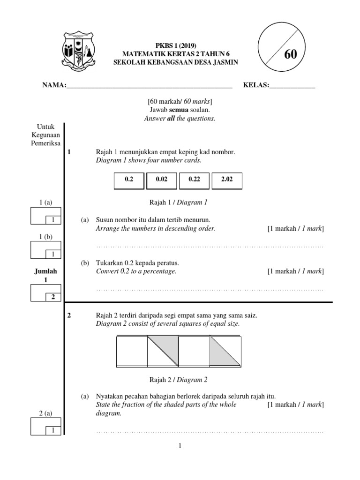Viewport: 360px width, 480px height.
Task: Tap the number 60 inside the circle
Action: point(290,54)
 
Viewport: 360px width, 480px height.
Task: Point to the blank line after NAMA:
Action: point(150,85)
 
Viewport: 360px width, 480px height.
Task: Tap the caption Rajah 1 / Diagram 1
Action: point(178,202)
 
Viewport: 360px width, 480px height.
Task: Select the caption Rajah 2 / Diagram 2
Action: point(178,380)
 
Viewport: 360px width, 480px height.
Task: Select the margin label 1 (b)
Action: point(45,237)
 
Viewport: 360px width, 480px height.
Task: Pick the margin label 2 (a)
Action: point(45,412)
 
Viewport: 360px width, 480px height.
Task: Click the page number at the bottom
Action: point(180,446)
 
